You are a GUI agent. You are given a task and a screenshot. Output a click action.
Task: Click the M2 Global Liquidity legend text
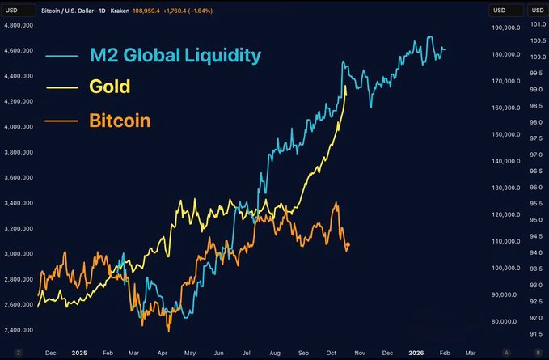[175, 56]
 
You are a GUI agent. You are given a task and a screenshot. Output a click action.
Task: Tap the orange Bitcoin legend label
[120, 121]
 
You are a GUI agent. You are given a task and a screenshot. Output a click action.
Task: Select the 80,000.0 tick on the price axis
[505, 321]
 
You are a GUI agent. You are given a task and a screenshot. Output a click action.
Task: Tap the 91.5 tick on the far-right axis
[535, 333]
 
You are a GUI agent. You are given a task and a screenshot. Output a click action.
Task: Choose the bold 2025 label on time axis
[78, 353]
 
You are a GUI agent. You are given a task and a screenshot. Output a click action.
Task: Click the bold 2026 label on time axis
[416, 353]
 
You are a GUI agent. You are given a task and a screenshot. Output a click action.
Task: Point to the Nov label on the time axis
[359, 353]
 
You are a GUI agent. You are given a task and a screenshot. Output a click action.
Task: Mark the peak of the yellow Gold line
[346, 86]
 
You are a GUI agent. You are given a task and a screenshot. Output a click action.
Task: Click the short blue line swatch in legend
[61, 57]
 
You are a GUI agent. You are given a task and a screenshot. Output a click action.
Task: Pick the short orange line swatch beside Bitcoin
[61, 122]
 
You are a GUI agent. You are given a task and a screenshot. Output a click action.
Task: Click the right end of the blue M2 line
[445, 49]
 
